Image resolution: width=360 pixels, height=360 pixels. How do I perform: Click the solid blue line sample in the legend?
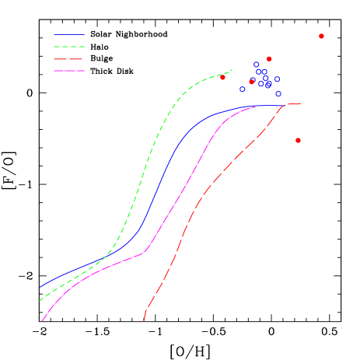pyautogui.click(x=69, y=35)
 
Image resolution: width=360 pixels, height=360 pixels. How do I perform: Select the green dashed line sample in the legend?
pyautogui.click(x=69, y=47)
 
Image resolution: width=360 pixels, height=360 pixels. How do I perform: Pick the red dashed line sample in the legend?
pyautogui.click(x=69, y=59)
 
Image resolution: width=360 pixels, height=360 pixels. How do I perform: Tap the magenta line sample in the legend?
pyautogui.click(x=69, y=71)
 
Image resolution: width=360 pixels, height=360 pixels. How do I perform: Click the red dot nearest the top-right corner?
pyautogui.click(x=321, y=36)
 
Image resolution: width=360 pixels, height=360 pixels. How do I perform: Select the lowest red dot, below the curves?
pyautogui.click(x=298, y=140)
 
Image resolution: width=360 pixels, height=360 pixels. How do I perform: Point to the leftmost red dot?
pyautogui.click(x=222, y=77)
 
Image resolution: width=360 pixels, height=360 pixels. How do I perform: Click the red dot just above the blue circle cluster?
pyautogui.click(x=269, y=58)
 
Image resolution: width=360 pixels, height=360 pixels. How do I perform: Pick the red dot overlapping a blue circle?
pyautogui.click(x=252, y=81)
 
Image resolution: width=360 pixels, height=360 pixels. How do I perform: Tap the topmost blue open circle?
pyautogui.click(x=257, y=65)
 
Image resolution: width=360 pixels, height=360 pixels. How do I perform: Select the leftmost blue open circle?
pyautogui.click(x=243, y=89)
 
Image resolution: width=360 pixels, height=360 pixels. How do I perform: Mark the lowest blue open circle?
pyautogui.click(x=278, y=93)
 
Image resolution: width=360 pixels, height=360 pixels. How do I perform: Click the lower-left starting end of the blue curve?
pyautogui.click(x=40, y=287)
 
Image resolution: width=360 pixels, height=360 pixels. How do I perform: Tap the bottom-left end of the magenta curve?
pyautogui.click(x=42, y=320)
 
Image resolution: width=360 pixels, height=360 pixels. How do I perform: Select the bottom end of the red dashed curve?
pyautogui.click(x=145, y=319)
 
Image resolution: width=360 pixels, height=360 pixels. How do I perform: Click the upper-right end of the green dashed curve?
pyautogui.click(x=231, y=71)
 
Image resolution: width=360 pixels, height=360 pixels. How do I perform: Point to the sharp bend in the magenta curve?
pyautogui.click(x=145, y=252)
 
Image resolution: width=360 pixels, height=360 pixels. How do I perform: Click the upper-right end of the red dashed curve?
pyautogui.click(x=300, y=103)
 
